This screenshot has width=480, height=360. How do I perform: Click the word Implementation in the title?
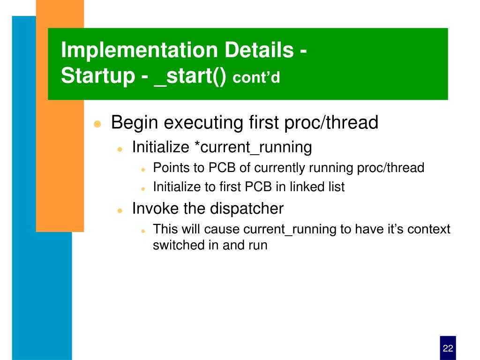point(139,50)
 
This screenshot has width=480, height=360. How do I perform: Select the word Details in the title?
point(259,50)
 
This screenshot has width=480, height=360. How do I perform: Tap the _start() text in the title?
point(190,76)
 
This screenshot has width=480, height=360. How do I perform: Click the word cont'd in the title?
point(256,77)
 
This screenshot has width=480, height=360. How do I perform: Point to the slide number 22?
point(448,348)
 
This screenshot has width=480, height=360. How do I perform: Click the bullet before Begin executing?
point(97,124)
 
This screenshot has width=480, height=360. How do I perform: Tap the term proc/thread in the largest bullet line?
point(331,122)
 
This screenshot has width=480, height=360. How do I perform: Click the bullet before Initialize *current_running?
point(120,149)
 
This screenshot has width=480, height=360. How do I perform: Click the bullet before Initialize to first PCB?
point(143,189)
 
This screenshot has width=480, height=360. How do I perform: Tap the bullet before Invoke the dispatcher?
point(120,210)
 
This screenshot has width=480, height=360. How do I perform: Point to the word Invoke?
point(156,209)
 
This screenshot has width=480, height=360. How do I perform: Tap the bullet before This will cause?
point(143,231)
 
